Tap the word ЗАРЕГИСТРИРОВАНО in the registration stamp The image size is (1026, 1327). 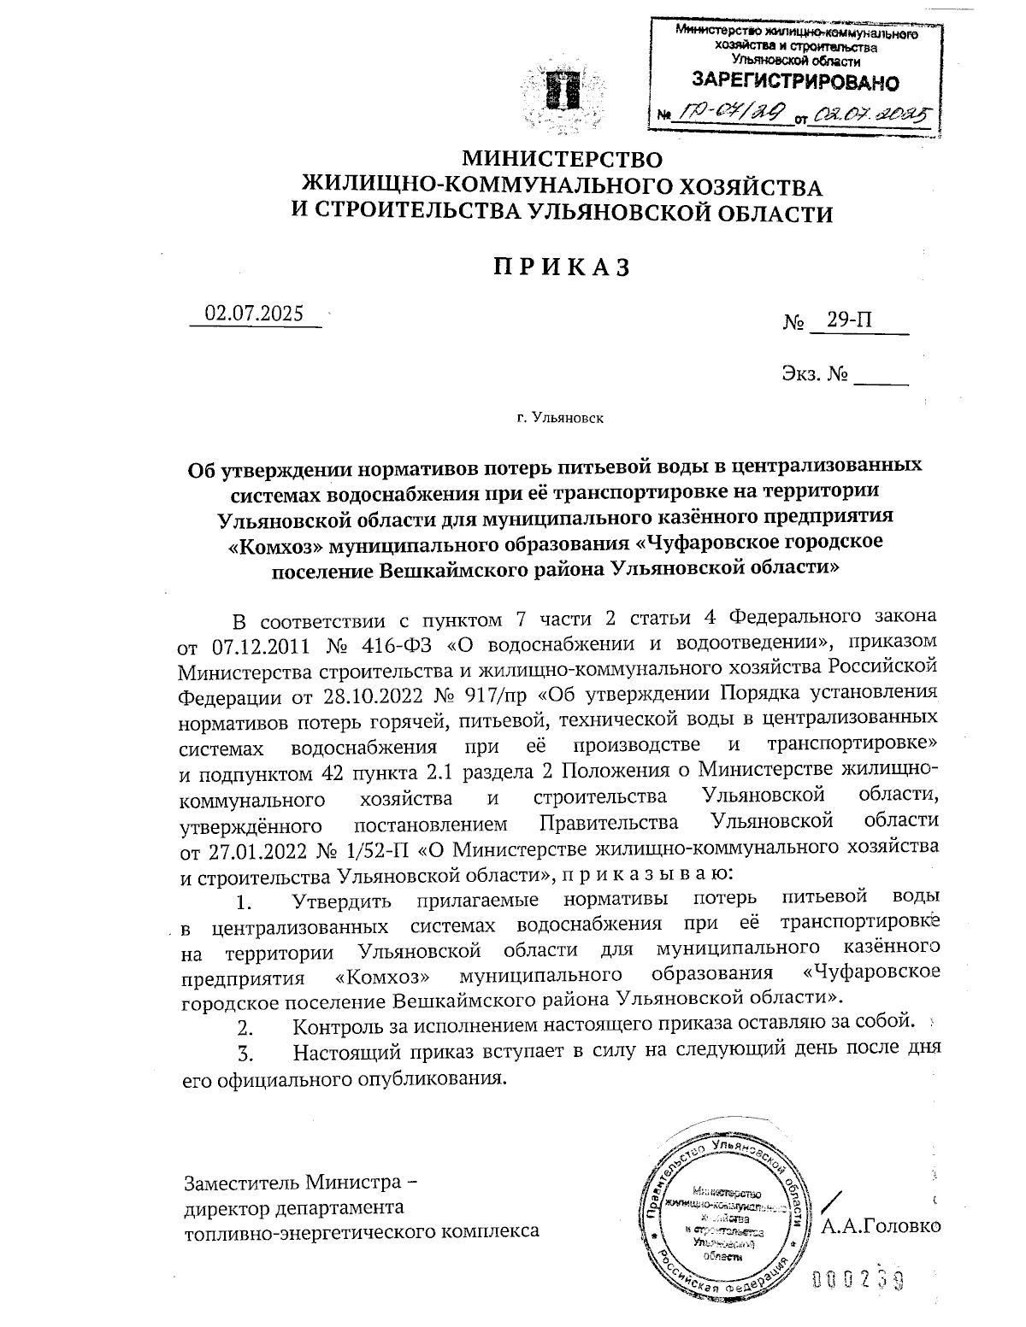[794, 82]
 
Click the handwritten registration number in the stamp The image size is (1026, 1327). [731, 111]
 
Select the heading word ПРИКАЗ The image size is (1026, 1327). [561, 267]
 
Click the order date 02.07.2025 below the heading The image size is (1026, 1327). [254, 314]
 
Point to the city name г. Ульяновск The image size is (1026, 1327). [560, 419]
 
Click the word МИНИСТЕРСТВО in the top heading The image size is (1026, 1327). [562, 159]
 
